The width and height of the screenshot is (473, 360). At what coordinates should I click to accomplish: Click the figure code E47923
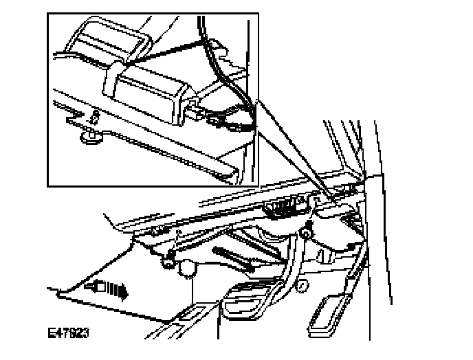click(x=69, y=335)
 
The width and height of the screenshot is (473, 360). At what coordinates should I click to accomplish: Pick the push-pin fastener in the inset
click(x=89, y=135)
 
